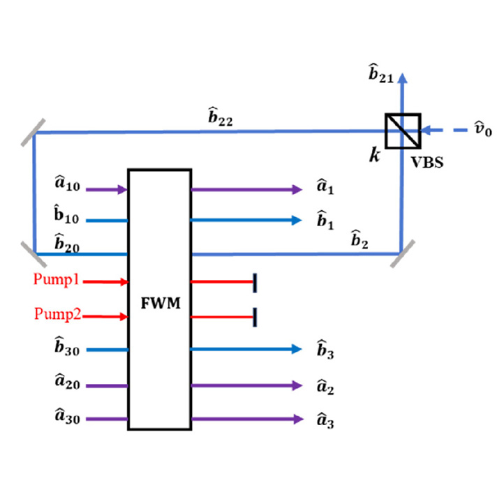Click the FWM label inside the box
pos(161,303)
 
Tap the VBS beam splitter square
pos(403,131)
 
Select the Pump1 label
pos(57,279)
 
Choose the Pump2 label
pos(58,314)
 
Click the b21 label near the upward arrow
pos(381,73)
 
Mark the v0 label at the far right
pos(483,129)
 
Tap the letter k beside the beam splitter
pos(375,155)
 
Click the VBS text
pos(427,163)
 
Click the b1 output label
pos(325,220)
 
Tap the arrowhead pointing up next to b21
pos(402,78)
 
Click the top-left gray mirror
pos(33,133)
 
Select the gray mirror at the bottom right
pos(402,253)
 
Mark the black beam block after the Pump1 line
pos(255,283)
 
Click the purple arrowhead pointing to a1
pos(297,190)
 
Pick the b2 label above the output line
pos(360,239)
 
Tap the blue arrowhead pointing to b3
pos(297,349)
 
